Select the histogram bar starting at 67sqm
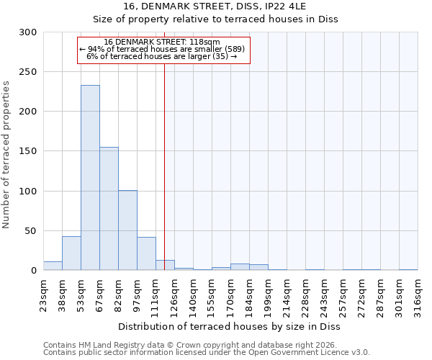pyautogui.click(x=109, y=209)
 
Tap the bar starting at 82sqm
pyautogui.click(x=127, y=230)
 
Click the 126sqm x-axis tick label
pyautogui.click(x=174, y=295)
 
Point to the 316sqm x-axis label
pyautogui.click(x=418, y=295)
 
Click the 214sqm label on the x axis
pyautogui.click(x=287, y=295)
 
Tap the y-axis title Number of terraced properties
pyautogui.click(x=7, y=155)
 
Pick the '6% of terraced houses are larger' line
pyautogui.click(x=162, y=56)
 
